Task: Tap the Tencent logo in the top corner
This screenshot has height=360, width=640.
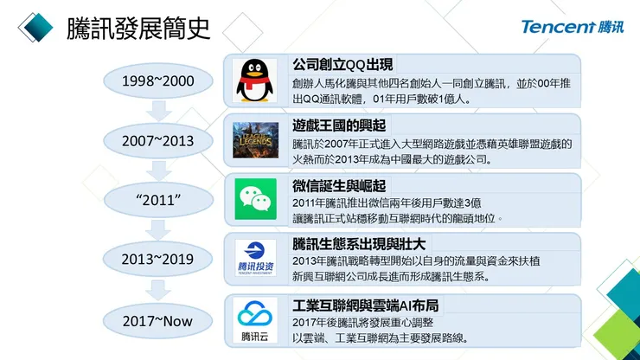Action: click(x=572, y=27)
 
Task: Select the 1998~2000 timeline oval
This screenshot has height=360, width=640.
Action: click(x=157, y=81)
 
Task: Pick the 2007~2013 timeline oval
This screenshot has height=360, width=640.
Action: click(x=157, y=140)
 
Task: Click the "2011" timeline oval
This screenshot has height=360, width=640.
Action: click(x=157, y=199)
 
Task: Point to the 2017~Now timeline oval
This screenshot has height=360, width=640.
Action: click(x=157, y=320)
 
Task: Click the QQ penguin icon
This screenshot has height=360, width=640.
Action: click(x=255, y=81)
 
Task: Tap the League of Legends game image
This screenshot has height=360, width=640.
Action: click(x=255, y=140)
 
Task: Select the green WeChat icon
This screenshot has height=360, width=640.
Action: click(x=255, y=199)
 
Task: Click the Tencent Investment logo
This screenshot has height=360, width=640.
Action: click(x=255, y=260)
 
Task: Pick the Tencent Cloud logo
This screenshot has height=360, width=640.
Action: click(x=255, y=318)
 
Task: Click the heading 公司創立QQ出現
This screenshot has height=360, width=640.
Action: click(x=343, y=64)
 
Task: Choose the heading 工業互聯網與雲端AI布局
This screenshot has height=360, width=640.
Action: click(x=365, y=305)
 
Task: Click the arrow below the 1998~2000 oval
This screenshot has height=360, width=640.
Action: click(x=157, y=110)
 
